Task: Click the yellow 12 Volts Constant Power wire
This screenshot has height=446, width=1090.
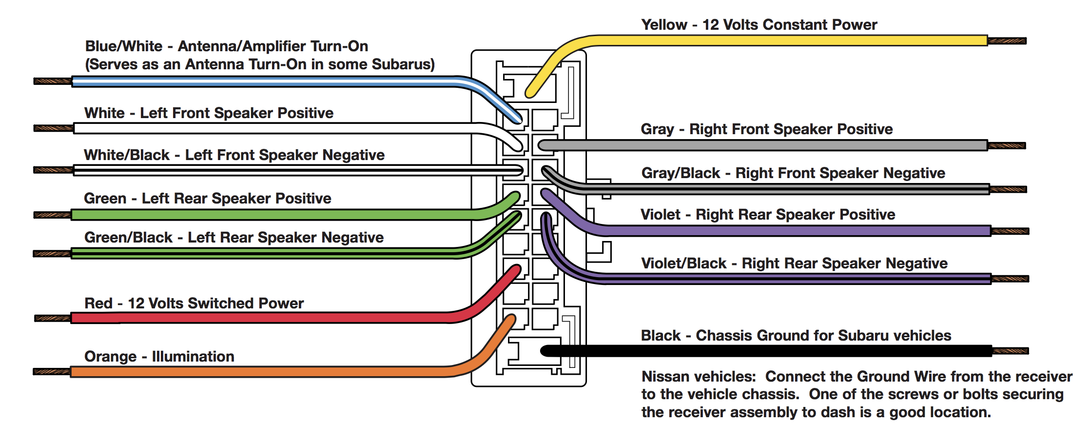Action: (x=780, y=41)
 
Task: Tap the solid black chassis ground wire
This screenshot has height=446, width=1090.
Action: (x=780, y=351)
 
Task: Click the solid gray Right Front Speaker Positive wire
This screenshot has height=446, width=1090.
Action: (x=780, y=145)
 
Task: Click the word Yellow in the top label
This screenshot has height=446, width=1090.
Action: (x=664, y=25)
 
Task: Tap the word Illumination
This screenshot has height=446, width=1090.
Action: (x=193, y=357)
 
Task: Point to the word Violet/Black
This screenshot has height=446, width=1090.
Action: (x=683, y=264)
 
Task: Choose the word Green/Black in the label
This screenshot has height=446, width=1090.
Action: (x=128, y=238)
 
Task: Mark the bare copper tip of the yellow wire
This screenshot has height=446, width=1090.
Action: (x=1007, y=41)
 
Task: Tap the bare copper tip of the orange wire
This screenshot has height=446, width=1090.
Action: (x=52, y=372)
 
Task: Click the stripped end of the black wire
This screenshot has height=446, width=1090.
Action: (x=1011, y=351)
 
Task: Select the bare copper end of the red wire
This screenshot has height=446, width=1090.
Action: (x=53, y=318)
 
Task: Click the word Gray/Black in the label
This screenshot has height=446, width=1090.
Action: (x=681, y=173)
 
